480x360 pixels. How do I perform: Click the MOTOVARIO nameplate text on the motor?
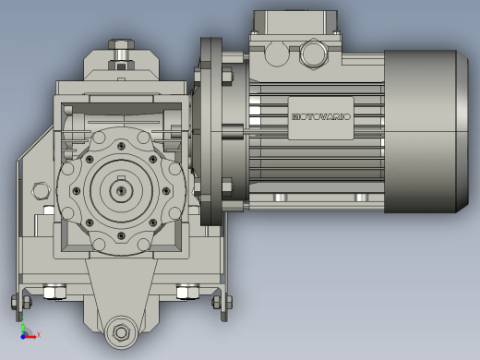[x=321, y=117]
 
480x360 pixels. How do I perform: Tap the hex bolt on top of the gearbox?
[x=121, y=44]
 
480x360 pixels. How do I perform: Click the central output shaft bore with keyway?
[x=121, y=191]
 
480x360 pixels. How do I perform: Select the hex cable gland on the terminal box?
[x=314, y=54]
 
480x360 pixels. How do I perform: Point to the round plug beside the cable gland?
[x=277, y=54]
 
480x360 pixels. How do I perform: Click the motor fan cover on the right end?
[x=426, y=132]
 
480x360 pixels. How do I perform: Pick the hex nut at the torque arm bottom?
[x=121, y=332]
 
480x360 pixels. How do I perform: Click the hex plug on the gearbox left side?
[x=41, y=191]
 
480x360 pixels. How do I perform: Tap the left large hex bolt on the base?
[x=54, y=292]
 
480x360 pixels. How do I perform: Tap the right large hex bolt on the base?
[x=187, y=292]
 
